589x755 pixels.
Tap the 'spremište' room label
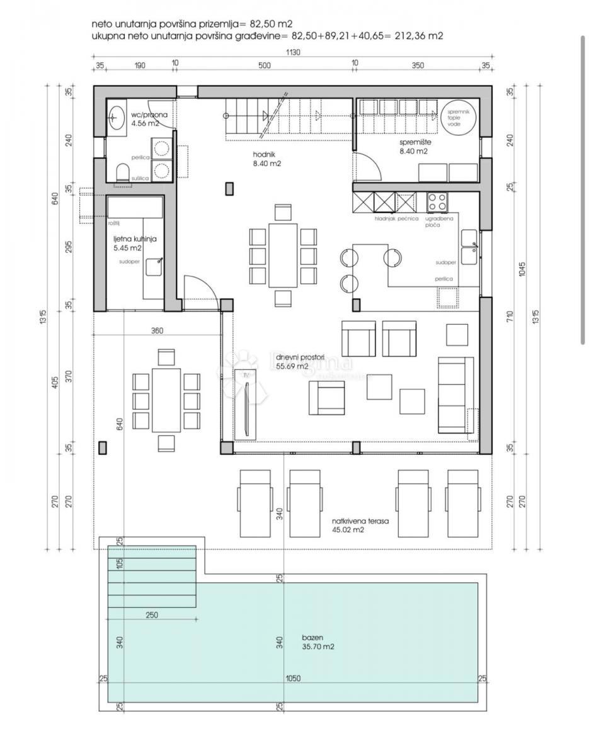tap(413, 142)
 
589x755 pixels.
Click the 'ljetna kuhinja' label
tap(134, 239)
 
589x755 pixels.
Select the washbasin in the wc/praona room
tap(116, 117)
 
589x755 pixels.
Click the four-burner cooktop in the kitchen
tap(437, 202)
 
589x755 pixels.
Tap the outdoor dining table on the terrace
tap(166, 400)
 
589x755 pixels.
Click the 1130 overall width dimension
tap(292, 53)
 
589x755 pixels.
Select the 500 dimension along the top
tap(264, 65)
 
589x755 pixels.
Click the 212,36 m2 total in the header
tap(418, 36)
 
